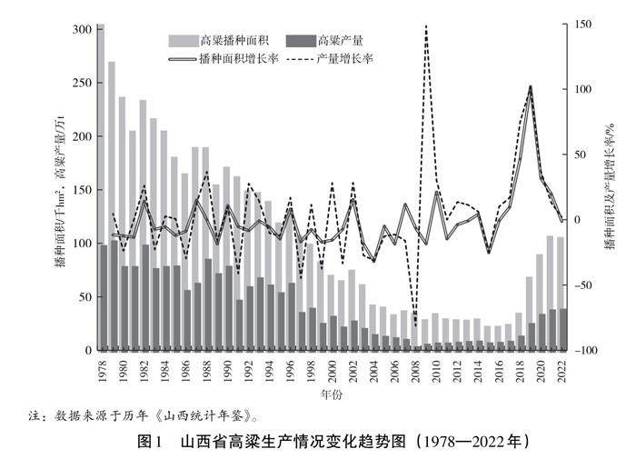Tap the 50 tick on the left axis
coord(85,297)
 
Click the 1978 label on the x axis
coord(103,370)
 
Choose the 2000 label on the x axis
coord(333,370)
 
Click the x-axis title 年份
coord(332,395)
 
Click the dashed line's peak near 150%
coord(426,27)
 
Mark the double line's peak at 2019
coord(530,87)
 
